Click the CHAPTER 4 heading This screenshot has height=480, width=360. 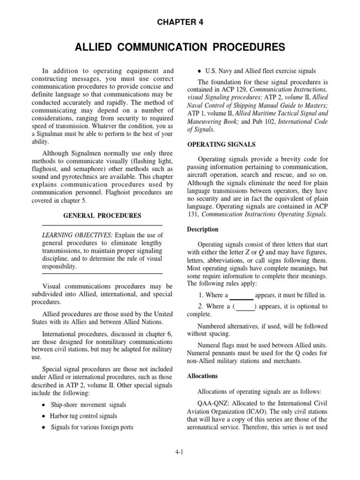180,22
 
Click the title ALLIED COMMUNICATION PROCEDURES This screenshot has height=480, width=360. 180,47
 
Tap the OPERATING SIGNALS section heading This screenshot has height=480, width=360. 216,144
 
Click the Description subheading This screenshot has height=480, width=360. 203,229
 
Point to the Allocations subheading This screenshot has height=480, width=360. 202,376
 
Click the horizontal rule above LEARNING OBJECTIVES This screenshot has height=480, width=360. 102,225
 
